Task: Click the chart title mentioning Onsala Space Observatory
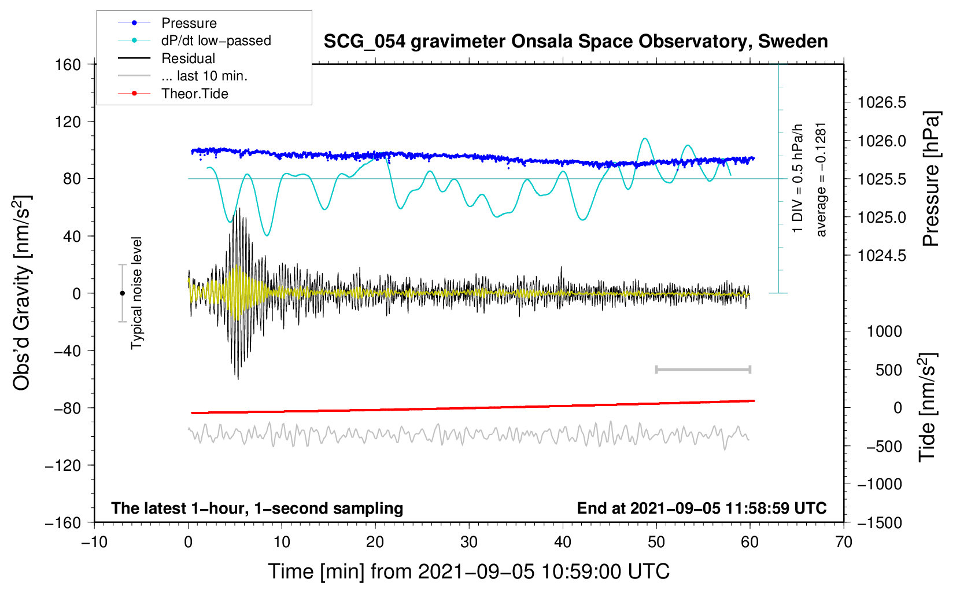click(x=575, y=42)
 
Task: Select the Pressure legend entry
click(x=167, y=23)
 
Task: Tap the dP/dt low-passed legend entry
click(x=194, y=40)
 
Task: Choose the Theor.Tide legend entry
click(x=173, y=94)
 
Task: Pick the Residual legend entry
click(x=167, y=58)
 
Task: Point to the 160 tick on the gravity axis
click(x=68, y=65)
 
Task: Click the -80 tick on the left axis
click(x=67, y=408)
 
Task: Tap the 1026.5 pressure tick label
click(x=881, y=102)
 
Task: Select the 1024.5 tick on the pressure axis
click(x=881, y=256)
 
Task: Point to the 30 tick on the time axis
click(x=469, y=542)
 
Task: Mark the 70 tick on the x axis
click(x=843, y=542)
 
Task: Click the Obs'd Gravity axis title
click(x=22, y=293)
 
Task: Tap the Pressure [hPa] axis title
click(x=931, y=179)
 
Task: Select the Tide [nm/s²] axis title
click(x=928, y=408)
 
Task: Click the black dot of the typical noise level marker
click(x=122, y=293)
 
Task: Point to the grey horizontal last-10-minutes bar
click(x=703, y=369)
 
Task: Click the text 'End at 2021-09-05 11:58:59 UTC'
click(x=701, y=508)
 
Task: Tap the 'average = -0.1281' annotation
click(x=821, y=180)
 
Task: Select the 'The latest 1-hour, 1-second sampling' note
click(x=257, y=508)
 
